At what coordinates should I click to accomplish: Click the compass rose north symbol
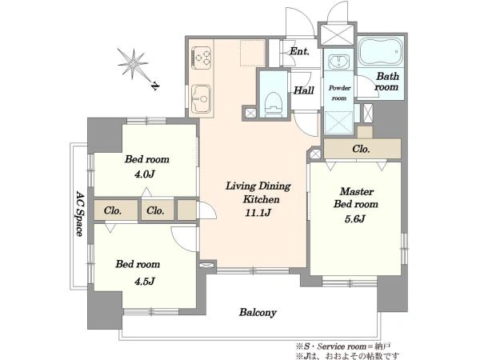[133, 64]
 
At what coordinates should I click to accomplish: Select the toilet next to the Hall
[274, 104]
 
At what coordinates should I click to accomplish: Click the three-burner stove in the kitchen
[201, 58]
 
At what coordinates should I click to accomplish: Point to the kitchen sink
[201, 98]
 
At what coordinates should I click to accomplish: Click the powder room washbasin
[338, 62]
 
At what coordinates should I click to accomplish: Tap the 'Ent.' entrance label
[299, 51]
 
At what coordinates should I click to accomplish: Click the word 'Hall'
[304, 90]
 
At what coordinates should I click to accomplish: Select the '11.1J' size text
[258, 213]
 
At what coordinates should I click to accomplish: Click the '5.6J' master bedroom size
[355, 219]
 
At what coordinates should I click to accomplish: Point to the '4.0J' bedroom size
[144, 174]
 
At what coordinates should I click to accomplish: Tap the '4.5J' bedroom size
[144, 281]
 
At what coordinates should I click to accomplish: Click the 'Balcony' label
[258, 313]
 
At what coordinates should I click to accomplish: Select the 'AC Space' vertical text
[79, 214]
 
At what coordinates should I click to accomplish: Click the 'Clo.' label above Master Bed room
[361, 149]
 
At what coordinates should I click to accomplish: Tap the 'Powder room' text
[339, 93]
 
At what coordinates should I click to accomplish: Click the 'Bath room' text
[387, 82]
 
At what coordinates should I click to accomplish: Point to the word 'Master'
[357, 192]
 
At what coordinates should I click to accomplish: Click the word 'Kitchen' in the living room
[261, 199]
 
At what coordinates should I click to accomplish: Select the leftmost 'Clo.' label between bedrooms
[113, 210]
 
